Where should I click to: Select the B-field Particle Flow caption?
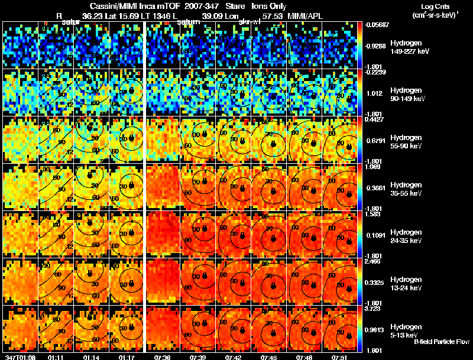pyautogui.click(x=441, y=342)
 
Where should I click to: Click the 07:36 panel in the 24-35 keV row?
pyautogui.click(x=163, y=235)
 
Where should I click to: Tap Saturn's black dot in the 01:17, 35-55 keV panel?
pyautogui.click(x=131, y=186)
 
